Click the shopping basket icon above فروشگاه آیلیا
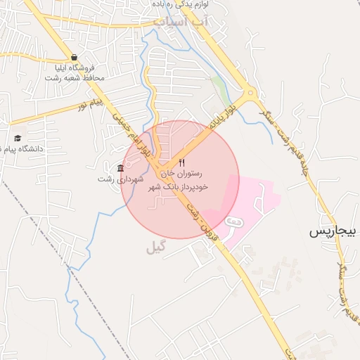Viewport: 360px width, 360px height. pyautogui.click(x=74, y=58)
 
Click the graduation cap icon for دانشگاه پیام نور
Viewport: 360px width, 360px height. pyautogui.click(x=18, y=138)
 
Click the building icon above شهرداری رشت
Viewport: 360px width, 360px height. pyautogui.click(x=120, y=168)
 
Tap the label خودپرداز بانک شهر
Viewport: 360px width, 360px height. pyautogui.click(x=182, y=188)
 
